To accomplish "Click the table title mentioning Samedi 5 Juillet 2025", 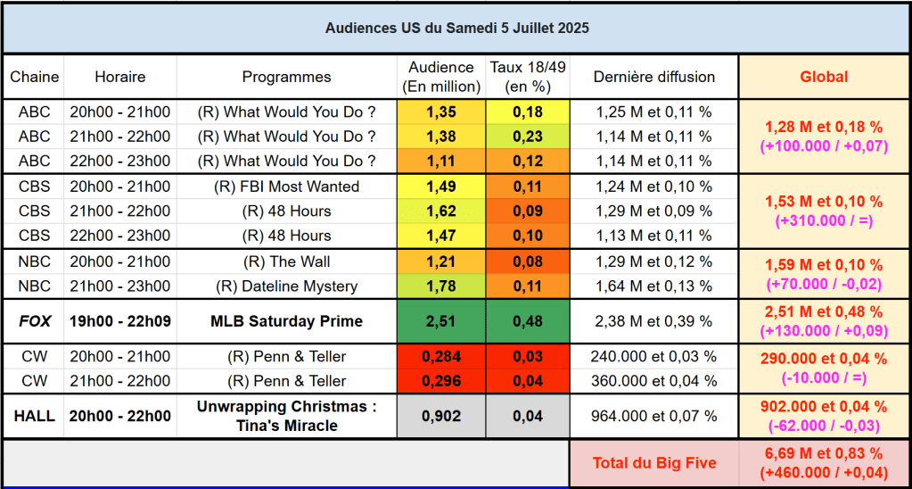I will tap(456, 29).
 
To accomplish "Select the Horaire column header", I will tap(119, 77).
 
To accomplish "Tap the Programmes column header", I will tap(286, 77).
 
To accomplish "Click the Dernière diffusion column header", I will tap(653, 77).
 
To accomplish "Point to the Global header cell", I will tap(823, 77).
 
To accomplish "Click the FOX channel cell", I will tap(35, 321).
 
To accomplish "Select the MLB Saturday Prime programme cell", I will tap(286, 321).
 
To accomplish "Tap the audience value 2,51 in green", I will tap(440, 321).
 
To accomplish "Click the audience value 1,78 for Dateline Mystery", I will tap(440, 286).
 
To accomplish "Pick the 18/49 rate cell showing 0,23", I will tap(527, 137).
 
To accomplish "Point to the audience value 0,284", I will tap(440, 357).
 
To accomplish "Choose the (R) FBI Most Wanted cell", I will tap(286, 186).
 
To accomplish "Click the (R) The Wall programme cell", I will tap(286, 261).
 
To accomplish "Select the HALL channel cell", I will tap(35, 416).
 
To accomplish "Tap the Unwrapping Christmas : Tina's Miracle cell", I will tap(286, 416).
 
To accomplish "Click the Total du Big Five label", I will tap(653, 463).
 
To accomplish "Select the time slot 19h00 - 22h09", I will tap(119, 321).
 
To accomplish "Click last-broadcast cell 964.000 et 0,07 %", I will tap(653, 416).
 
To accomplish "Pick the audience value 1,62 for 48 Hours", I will tap(440, 211).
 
